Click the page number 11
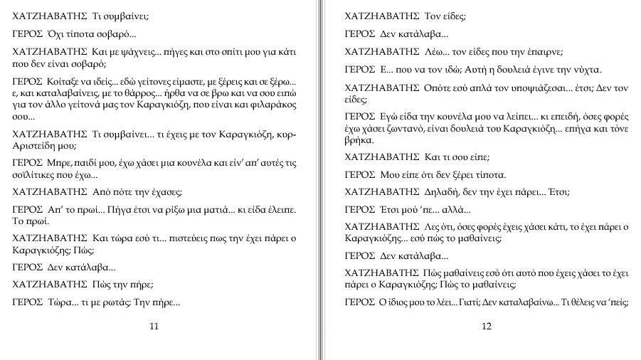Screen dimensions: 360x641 tap(154, 327)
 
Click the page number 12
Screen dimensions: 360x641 tap(487, 327)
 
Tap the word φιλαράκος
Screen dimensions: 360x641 tap(270, 105)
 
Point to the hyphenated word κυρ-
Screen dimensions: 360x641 tap(285, 134)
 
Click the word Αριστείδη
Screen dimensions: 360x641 tap(36, 145)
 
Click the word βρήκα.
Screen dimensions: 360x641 tap(360, 141)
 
